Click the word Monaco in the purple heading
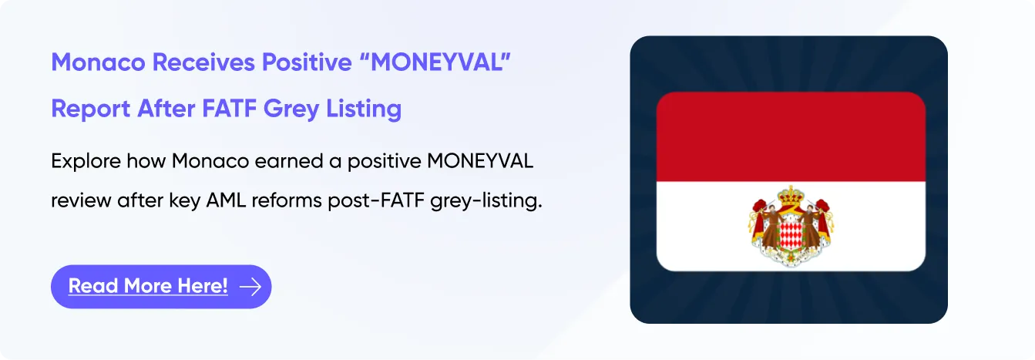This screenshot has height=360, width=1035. [98, 62]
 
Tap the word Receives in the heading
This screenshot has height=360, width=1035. [203, 62]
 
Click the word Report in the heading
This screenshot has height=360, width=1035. [91, 109]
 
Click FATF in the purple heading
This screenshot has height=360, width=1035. [229, 109]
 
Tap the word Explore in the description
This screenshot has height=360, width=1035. [85, 162]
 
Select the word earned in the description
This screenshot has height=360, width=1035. [288, 162]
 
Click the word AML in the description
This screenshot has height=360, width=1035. [226, 200]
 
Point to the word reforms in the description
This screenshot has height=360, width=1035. [287, 200]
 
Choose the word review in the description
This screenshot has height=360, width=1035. [80, 201]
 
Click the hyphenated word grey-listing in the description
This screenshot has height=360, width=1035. [486, 201]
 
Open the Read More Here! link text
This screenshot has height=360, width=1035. [148, 286]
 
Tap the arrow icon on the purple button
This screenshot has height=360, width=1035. [250, 287]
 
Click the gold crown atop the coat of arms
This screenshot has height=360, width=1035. [791, 197]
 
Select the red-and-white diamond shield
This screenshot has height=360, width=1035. [791, 234]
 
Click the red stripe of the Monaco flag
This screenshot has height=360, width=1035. [791, 136]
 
